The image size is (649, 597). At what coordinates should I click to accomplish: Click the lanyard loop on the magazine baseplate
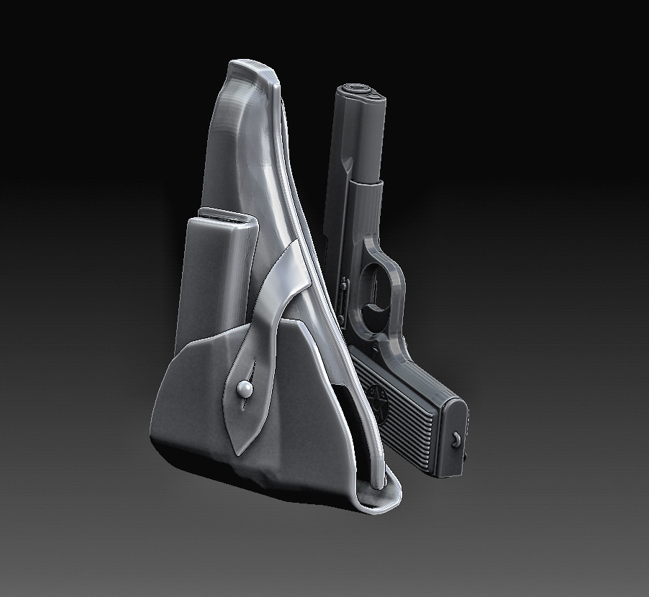click(x=457, y=439)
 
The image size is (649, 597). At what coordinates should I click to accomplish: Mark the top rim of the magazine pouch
click(x=223, y=216)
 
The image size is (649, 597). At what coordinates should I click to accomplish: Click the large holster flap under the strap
click(x=194, y=403)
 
